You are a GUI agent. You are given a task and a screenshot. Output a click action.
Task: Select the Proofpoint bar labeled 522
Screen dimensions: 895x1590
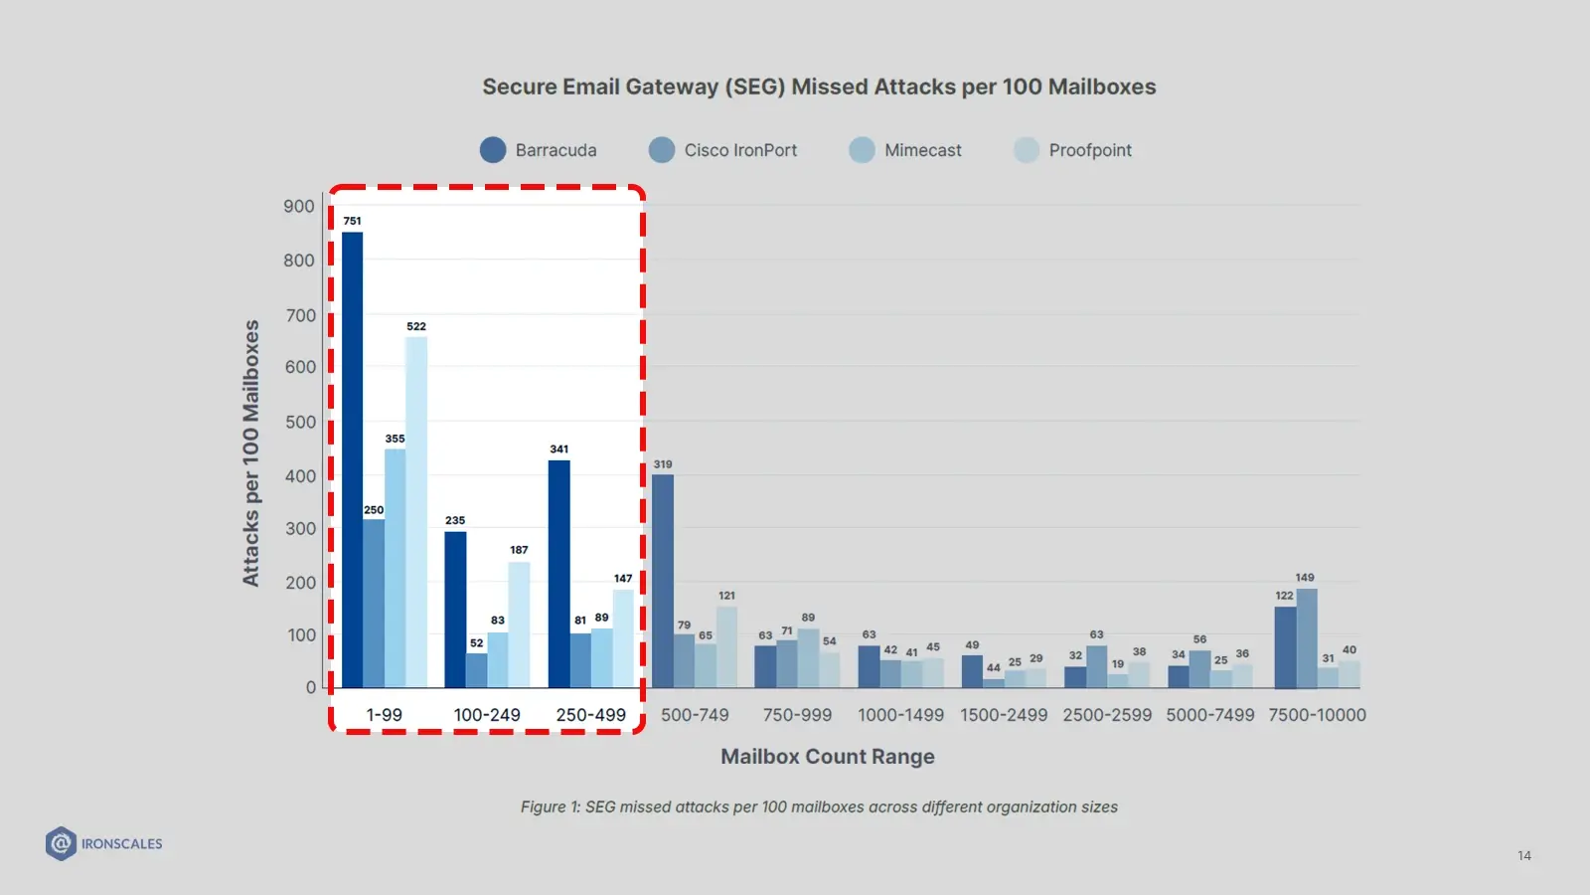coord(416,512)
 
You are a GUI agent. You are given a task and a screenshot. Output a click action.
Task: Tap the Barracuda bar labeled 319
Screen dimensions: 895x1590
coord(663,581)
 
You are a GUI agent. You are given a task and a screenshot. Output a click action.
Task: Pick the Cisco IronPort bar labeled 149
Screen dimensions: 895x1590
coord(1307,637)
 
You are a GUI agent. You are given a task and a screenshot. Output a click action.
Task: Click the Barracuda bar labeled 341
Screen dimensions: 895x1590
coord(559,574)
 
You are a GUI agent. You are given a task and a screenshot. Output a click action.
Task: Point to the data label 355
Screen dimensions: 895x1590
coord(395,439)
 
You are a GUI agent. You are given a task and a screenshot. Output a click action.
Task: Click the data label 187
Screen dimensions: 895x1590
coord(519,550)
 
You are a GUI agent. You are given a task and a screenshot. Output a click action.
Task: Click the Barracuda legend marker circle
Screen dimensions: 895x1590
coord(493,150)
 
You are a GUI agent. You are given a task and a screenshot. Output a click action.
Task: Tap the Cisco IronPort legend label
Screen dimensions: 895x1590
coord(740,150)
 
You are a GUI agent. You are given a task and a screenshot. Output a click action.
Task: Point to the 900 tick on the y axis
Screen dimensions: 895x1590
coord(299,206)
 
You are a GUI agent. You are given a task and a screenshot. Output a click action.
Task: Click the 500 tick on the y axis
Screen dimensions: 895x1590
coord(300,422)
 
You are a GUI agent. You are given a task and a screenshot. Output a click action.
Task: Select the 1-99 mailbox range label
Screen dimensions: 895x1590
coord(385,715)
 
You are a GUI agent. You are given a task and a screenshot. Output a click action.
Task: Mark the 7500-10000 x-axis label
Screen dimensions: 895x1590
coord(1317,715)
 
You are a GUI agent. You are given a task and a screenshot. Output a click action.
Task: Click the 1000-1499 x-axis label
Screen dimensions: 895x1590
coord(901,715)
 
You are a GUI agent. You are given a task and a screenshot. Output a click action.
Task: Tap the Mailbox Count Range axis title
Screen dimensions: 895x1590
coord(828,757)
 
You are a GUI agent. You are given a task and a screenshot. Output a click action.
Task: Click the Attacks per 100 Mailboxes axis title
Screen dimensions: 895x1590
coord(251,452)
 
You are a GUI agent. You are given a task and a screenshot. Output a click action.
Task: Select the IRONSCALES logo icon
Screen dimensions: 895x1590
coord(61,843)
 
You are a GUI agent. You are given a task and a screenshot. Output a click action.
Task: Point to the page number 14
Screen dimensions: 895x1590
coord(1524,855)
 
